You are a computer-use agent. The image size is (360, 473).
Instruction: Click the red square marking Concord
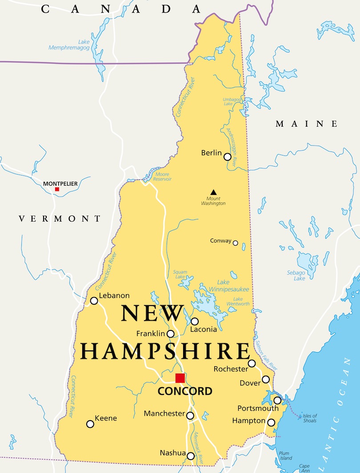[180, 378]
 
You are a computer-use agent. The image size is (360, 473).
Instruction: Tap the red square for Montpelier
[57, 189]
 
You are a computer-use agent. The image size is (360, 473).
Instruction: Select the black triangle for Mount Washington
[213, 192]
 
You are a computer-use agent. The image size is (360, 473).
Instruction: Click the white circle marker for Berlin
[228, 157]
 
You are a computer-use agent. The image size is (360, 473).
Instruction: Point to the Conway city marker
[236, 243]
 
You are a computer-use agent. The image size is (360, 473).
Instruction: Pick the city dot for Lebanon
[94, 301]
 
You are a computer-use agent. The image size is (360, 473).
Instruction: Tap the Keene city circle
[90, 424]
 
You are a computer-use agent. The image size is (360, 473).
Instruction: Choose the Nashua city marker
[191, 456]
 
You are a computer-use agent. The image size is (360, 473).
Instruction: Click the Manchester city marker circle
[190, 416]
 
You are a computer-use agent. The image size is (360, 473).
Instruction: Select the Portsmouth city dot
[277, 400]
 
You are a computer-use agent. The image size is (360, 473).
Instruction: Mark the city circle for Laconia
[195, 321]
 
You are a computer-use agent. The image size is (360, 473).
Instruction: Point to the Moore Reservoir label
[162, 176]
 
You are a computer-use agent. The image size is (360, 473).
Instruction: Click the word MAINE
[306, 124]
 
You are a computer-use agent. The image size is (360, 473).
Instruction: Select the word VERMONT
[60, 219]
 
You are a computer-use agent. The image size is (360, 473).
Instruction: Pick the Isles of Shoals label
[309, 418]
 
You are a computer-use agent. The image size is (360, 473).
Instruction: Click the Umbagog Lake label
[228, 101]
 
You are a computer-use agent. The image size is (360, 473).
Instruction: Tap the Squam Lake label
[180, 274]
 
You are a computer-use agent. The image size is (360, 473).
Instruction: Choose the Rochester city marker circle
[252, 363]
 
